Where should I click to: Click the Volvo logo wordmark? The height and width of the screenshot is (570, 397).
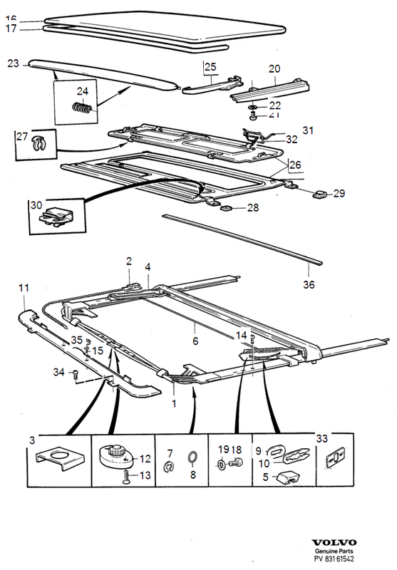(x=334, y=543)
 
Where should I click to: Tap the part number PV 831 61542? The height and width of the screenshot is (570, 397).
(x=334, y=559)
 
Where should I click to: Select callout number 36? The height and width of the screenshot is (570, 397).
(x=309, y=284)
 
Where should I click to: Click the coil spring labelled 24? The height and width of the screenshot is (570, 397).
(x=83, y=108)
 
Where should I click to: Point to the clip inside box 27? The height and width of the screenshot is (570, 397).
(x=38, y=144)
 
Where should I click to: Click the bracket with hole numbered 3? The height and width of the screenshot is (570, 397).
(x=60, y=457)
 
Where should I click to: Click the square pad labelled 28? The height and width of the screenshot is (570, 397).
(x=227, y=208)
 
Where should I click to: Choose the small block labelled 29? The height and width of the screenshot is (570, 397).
(x=319, y=194)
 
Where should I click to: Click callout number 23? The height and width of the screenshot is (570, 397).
(x=13, y=63)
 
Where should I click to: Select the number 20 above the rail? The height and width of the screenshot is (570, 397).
(x=274, y=68)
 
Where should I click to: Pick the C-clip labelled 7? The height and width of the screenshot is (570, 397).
(x=169, y=467)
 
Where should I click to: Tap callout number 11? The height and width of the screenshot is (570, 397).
(x=24, y=288)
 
